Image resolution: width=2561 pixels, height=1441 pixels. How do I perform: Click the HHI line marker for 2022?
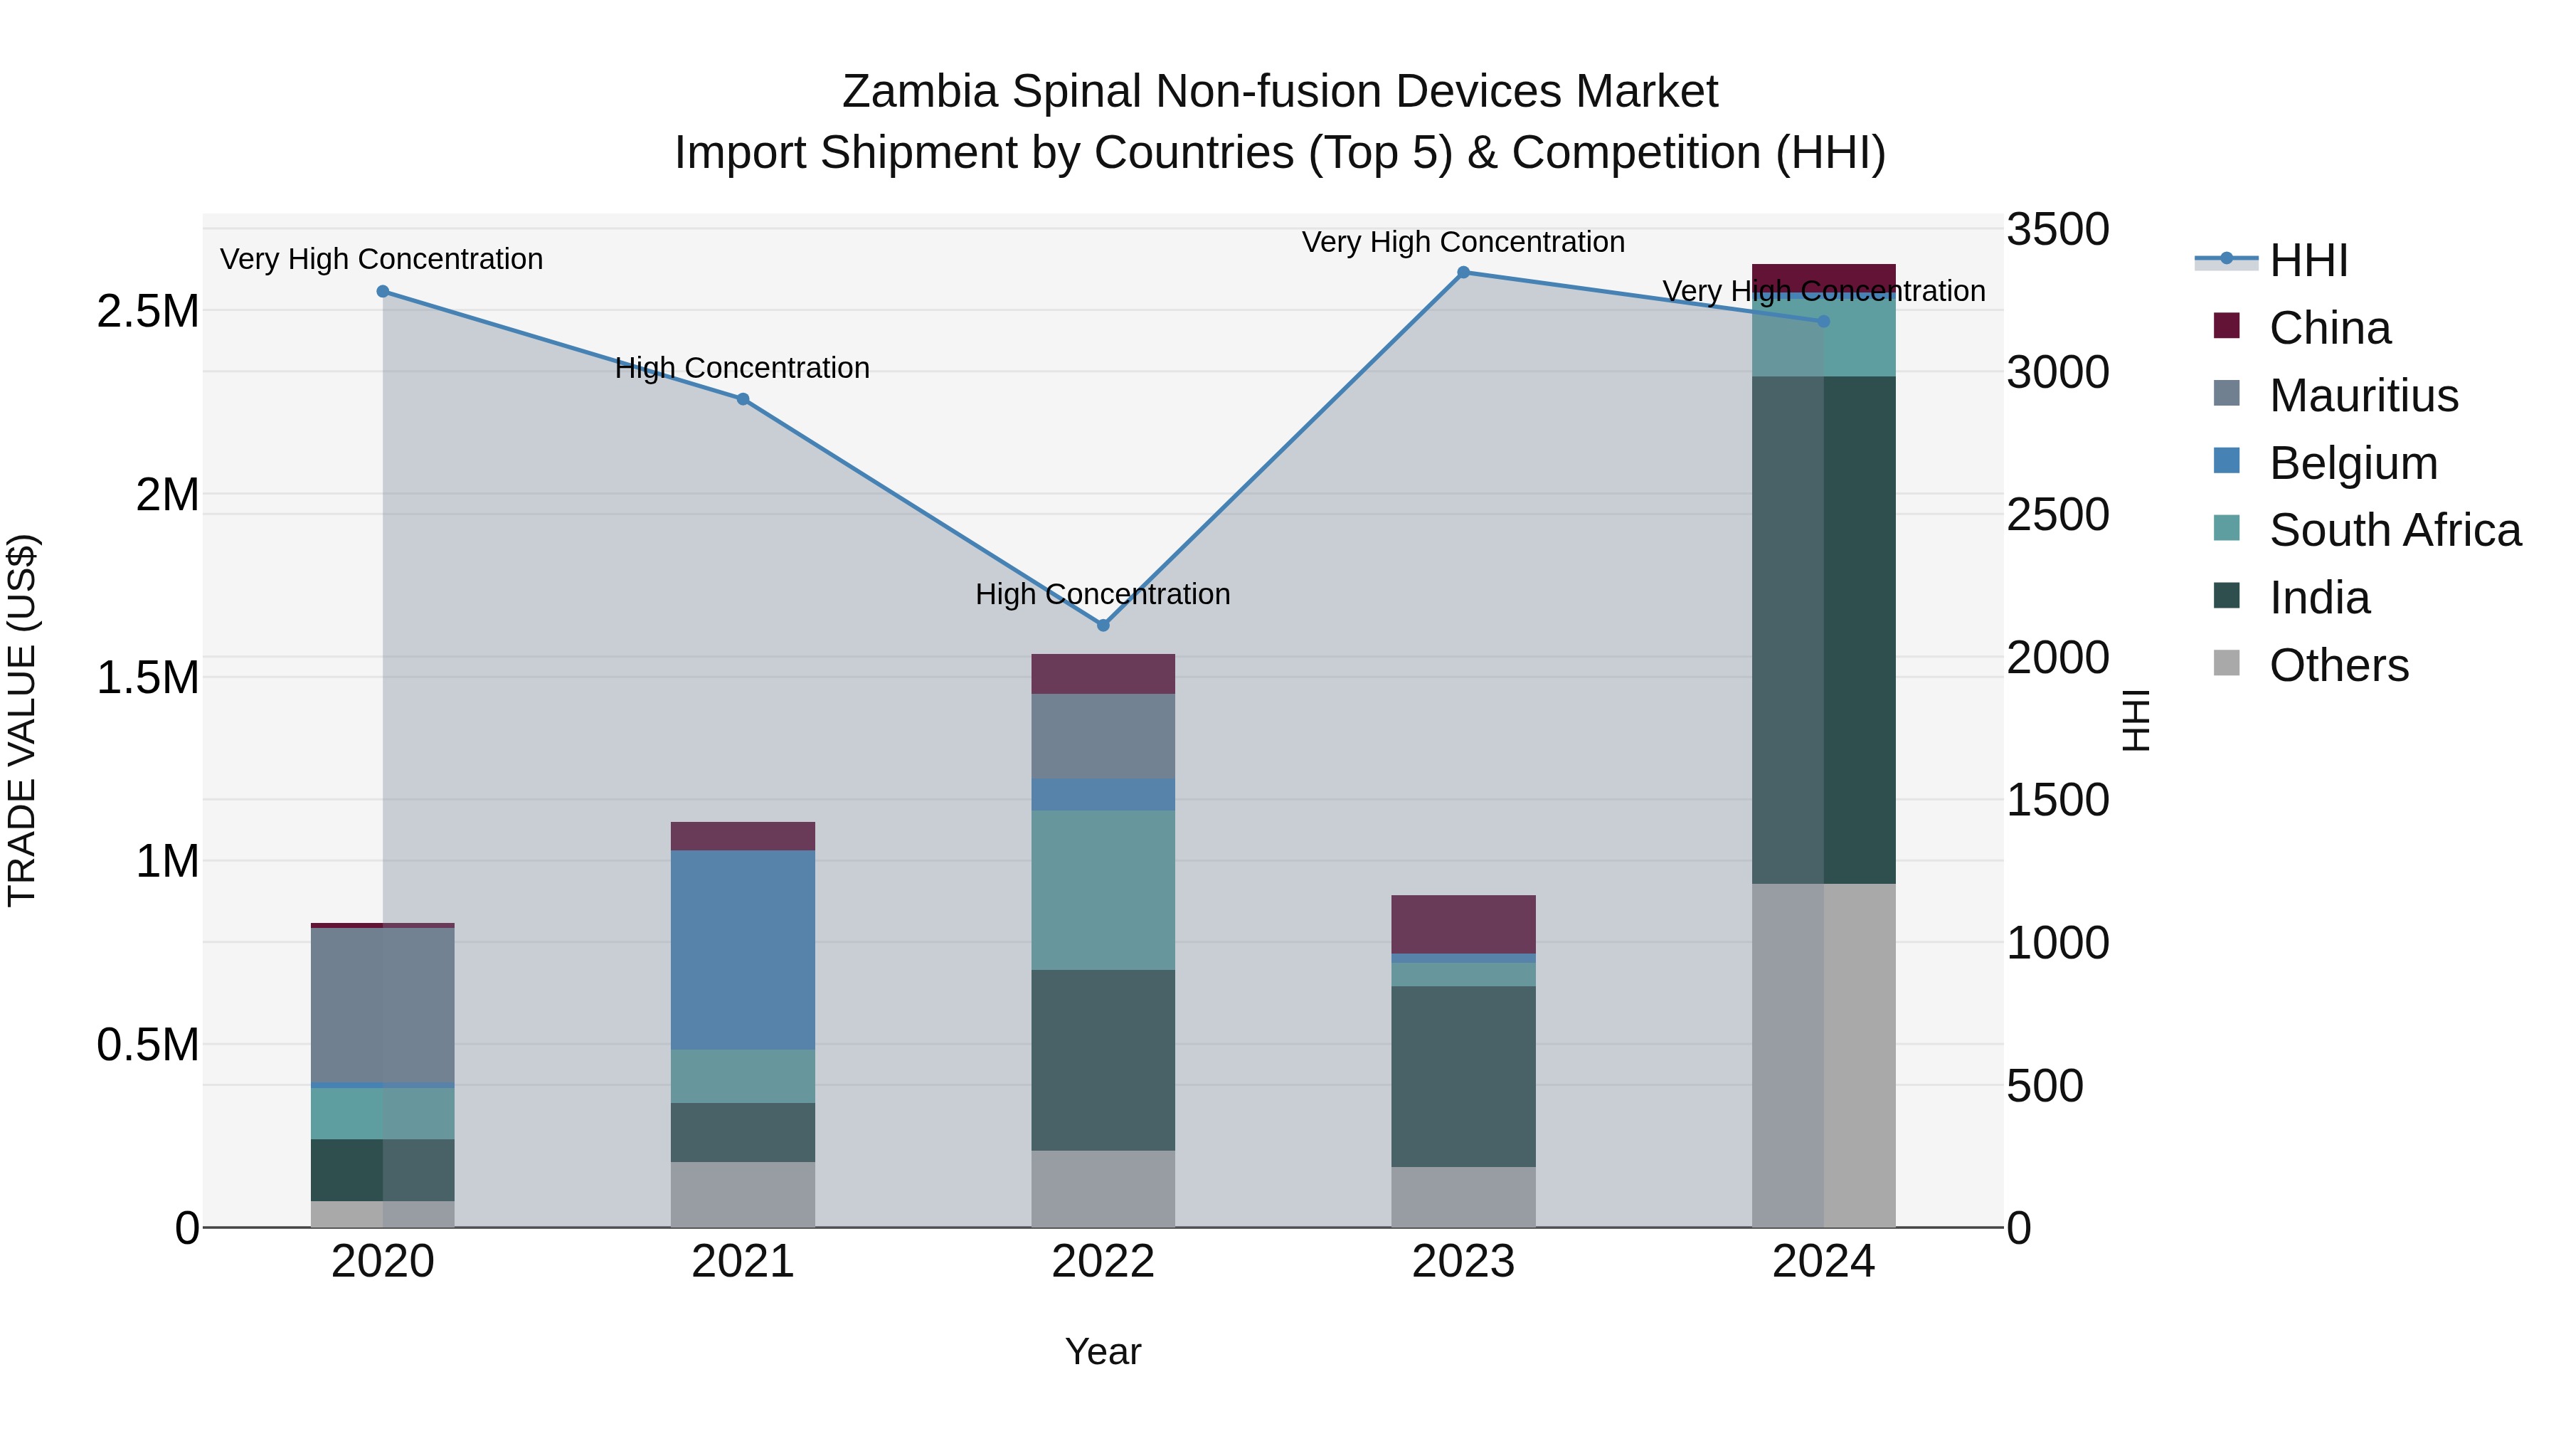tap(1103, 625)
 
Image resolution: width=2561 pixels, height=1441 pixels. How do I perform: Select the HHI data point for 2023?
tap(1463, 273)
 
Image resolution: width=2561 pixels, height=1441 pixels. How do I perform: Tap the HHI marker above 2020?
tap(383, 291)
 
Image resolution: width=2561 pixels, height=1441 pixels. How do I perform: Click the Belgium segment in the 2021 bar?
tap(743, 950)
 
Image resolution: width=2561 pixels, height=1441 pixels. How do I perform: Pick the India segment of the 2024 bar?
tap(1823, 630)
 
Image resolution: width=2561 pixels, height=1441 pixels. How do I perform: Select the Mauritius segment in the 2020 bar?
tap(383, 1004)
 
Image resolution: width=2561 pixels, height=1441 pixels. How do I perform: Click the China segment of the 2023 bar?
tap(1463, 924)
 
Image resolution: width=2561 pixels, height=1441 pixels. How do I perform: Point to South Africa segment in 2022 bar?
tap(1103, 890)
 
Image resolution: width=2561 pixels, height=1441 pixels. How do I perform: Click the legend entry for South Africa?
tap(2394, 530)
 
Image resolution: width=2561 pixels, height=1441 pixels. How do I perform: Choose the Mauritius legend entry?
tap(2363, 396)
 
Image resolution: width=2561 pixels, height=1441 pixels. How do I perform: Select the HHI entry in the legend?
tap(2308, 260)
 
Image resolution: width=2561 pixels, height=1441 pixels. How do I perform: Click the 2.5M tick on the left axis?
tap(147, 311)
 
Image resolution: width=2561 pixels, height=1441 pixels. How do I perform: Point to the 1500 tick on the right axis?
tap(2057, 800)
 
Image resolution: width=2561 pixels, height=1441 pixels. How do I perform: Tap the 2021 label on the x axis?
tap(743, 1262)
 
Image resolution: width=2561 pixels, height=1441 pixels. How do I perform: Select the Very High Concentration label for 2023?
tap(1463, 242)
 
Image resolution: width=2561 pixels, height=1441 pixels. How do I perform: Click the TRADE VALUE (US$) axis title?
tap(22, 720)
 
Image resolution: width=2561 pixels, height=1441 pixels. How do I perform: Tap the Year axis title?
tap(1103, 1351)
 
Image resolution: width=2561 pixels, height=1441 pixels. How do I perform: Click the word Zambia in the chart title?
tap(920, 92)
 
